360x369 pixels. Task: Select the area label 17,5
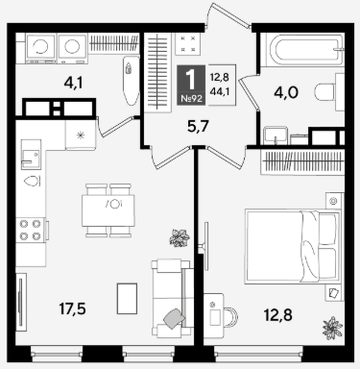pos(72,309)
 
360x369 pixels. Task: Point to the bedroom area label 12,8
pos(278,315)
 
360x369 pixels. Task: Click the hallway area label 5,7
pos(199,127)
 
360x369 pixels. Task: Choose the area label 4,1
pos(73,84)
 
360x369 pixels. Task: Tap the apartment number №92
pos(192,99)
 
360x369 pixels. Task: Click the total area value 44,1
pos(220,91)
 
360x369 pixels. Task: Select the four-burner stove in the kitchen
pos(31,230)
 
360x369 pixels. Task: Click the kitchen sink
pos(31,155)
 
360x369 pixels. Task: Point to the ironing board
pos(131,81)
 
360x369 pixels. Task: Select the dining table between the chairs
pos(108,210)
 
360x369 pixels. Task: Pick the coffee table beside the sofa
pos(127,298)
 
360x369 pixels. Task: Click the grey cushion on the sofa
pos(174,318)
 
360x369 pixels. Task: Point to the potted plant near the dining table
pos(180,238)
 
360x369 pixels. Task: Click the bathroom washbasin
pos(276,135)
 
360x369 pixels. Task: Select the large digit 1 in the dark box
pos(191,80)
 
